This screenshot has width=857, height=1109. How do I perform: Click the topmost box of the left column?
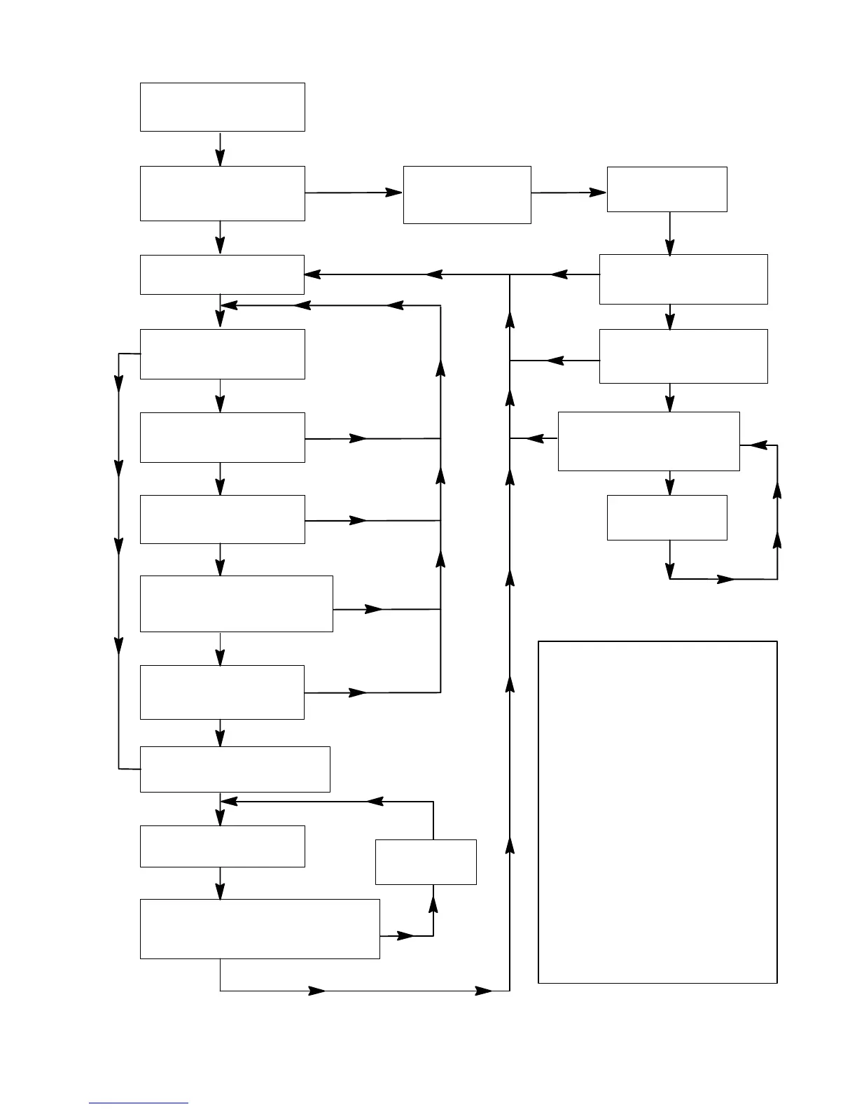point(222,106)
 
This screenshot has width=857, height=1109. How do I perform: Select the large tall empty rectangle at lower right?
point(657,811)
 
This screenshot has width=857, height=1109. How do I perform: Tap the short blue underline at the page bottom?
point(139,1103)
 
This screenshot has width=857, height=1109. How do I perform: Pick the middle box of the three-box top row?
point(467,195)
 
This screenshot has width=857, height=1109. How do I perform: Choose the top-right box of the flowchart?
point(667,189)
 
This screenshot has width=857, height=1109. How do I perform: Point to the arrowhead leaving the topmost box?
point(221,158)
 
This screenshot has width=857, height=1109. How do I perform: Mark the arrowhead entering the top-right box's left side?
point(598,192)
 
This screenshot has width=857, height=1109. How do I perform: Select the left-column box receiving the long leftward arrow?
point(222,274)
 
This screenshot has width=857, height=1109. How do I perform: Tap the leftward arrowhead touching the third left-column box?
point(312,274)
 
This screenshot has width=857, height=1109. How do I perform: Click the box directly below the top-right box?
point(683,279)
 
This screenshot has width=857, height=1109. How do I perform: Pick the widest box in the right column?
point(648,441)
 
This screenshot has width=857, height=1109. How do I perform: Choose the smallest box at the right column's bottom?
point(667,517)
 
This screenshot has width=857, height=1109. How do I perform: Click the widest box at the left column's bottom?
point(260,929)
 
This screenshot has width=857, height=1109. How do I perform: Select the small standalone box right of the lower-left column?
point(426,862)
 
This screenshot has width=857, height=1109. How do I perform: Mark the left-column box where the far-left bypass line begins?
point(222,354)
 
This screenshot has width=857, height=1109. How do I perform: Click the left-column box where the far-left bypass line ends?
point(235,769)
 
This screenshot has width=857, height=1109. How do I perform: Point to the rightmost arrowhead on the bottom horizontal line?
point(484,991)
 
